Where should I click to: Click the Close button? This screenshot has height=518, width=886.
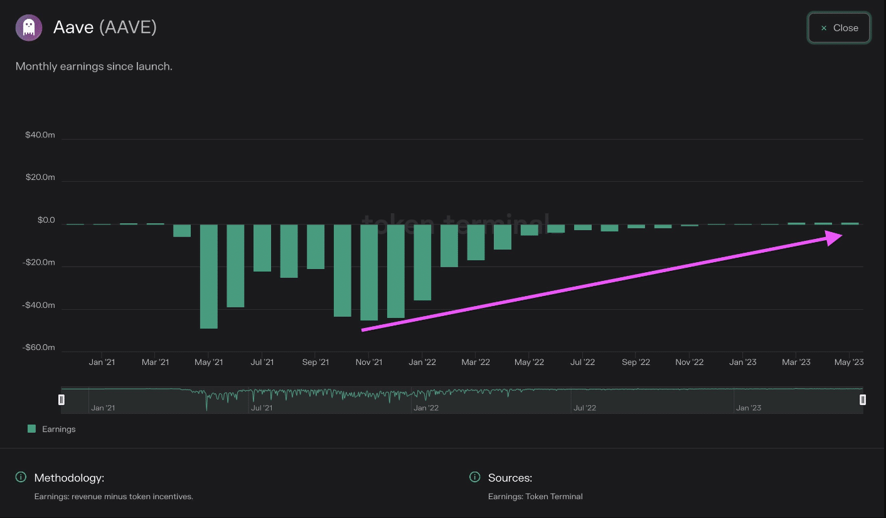point(838,28)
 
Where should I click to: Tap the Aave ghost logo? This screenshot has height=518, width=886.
point(29,28)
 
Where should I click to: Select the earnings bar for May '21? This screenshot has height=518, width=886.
point(209,277)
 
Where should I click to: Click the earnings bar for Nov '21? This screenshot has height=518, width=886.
point(369,272)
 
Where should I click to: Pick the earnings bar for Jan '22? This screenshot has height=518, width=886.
point(422,263)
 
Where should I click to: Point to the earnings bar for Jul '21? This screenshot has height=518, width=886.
point(262,248)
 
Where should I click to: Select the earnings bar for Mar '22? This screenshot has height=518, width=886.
point(476,243)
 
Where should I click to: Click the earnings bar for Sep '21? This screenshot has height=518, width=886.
point(316,246)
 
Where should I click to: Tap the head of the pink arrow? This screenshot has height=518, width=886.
point(841,236)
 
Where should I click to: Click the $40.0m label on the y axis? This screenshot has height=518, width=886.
point(40,135)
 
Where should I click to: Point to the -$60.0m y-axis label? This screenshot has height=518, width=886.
point(38,347)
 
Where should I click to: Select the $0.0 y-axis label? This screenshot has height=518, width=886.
point(46,220)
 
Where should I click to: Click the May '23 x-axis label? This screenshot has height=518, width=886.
point(849,362)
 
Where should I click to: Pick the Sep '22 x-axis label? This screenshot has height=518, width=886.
point(636,362)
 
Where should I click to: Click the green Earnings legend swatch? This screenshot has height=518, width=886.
point(31,428)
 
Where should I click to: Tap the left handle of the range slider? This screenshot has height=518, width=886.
point(61,399)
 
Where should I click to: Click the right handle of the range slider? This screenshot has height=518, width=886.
point(863,399)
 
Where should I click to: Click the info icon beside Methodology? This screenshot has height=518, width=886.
point(21,477)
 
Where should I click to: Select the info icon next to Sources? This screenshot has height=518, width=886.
point(474,477)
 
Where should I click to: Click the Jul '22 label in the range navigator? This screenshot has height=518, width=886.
point(585,408)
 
